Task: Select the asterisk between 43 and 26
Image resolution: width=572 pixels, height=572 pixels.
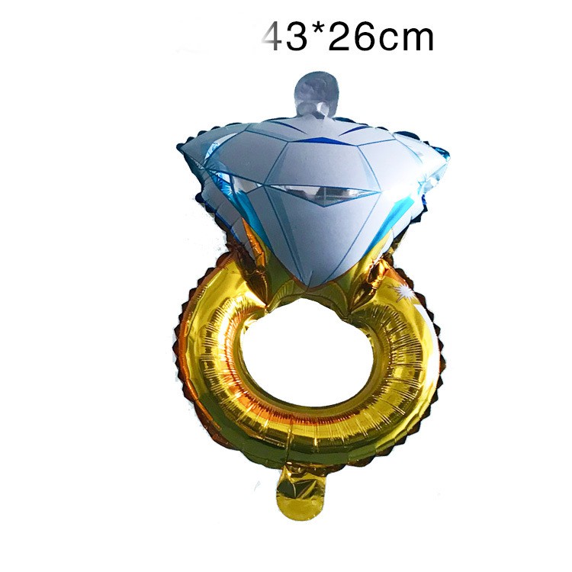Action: (x=317, y=31)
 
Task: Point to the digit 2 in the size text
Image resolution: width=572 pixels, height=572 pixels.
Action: (x=338, y=37)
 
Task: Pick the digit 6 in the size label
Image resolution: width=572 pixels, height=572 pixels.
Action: (x=362, y=37)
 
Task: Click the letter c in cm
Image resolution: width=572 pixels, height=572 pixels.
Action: (x=386, y=40)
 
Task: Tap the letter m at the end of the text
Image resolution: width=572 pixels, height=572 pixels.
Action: (x=416, y=40)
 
